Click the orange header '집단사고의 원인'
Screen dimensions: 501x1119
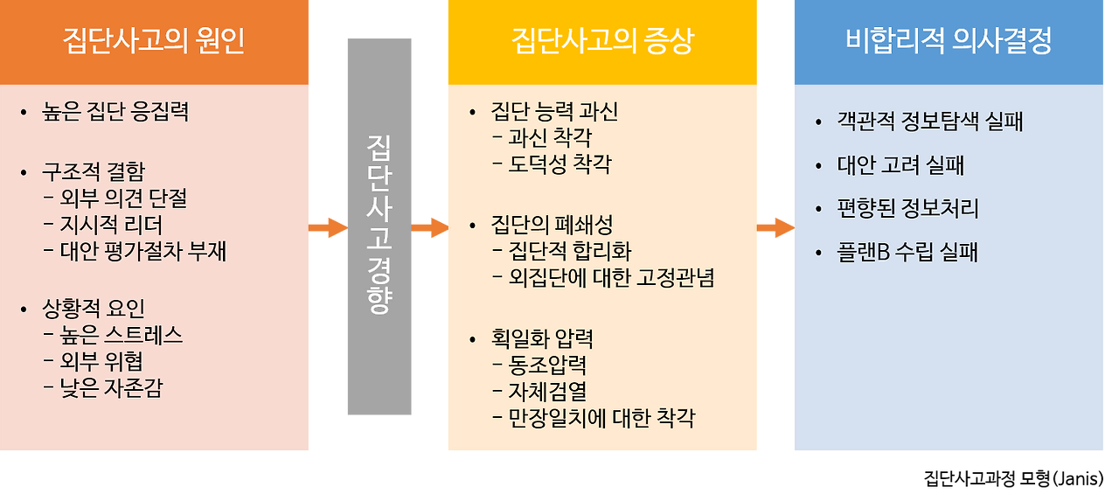tap(154, 41)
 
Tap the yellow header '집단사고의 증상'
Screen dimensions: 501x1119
tap(601, 41)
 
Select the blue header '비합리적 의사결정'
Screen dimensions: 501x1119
tap(948, 41)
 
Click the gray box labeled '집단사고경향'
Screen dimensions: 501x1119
tap(379, 226)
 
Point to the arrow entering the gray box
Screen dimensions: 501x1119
tap(327, 228)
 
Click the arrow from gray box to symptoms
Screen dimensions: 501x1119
tap(429, 228)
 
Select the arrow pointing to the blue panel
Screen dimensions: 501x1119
tap(775, 228)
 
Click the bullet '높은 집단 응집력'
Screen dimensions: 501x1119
tap(115, 112)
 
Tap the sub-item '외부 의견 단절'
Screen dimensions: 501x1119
tap(124, 199)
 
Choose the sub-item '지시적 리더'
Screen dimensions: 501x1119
tap(111, 226)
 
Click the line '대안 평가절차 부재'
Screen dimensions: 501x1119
tap(143, 252)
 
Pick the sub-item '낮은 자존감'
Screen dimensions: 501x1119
tap(111, 388)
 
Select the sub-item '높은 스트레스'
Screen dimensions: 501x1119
tap(122, 336)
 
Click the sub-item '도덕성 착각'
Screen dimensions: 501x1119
tap(559, 164)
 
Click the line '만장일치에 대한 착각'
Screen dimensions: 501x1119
tap(601, 417)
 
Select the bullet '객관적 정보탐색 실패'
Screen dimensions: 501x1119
tap(929, 122)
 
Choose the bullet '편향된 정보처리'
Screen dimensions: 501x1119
tap(907, 209)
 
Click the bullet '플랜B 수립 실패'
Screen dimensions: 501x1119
tap(907, 253)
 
